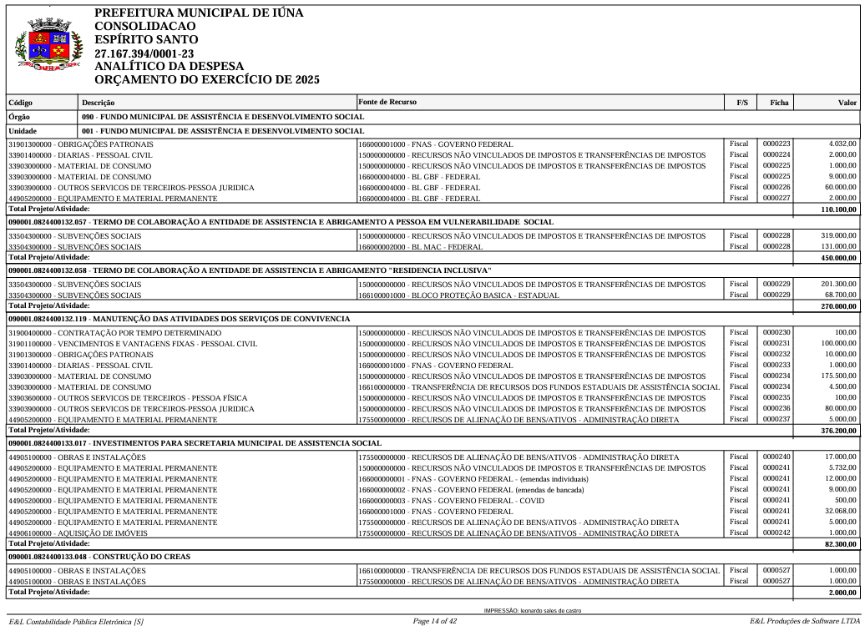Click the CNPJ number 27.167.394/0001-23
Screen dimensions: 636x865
coord(144,53)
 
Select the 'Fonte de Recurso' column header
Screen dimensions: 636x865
coord(387,102)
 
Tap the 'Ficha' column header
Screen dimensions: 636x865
coord(778,103)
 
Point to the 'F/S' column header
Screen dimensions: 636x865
coord(741,103)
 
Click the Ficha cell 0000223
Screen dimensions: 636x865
coord(776,144)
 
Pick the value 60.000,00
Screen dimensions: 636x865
coord(840,188)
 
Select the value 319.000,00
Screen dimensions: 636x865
coord(838,236)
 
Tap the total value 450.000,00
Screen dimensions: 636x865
coord(838,258)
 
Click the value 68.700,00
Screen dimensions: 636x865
coord(841,295)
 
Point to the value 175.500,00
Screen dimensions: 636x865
coord(838,376)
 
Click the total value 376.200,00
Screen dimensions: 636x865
coord(838,431)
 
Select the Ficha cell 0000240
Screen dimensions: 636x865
coord(776,457)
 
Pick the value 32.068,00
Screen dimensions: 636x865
coord(840,512)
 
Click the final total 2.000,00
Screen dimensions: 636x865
coord(842,593)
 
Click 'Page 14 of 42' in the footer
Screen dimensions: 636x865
coord(435,621)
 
